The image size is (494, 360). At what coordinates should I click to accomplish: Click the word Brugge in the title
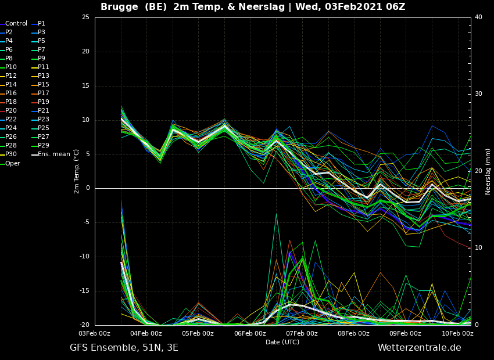pyautogui.click(x=119, y=6)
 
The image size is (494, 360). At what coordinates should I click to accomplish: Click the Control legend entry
pyautogui.click(x=13, y=24)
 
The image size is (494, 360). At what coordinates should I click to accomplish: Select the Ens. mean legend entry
pyautogui.click(x=51, y=154)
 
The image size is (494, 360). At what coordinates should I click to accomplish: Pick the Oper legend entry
pyautogui.click(x=10, y=163)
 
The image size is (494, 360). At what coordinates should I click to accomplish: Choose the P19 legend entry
pyautogui.click(x=41, y=102)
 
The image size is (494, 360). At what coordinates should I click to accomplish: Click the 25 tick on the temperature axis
pyautogui.click(x=85, y=17)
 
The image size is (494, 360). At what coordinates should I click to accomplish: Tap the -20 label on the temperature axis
pyautogui.click(x=84, y=325)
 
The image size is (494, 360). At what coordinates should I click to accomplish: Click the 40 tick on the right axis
pyautogui.click(x=478, y=17)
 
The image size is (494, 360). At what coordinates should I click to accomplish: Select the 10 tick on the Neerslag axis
pyautogui.click(x=478, y=248)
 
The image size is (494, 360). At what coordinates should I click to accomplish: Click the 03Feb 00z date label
pyautogui.click(x=95, y=333)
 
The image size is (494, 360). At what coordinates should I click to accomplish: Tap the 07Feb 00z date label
pyautogui.click(x=302, y=333)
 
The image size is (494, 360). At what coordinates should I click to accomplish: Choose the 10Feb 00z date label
pyautogui.click(x=458, y=333)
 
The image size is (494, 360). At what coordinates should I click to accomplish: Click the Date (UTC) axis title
pyautogui.click(x=282, y=342)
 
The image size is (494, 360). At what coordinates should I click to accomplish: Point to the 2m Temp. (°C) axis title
pyautogui.click(x=77, y=171)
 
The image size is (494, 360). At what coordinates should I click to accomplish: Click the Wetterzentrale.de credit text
pyautogui.click(x=420, y=348)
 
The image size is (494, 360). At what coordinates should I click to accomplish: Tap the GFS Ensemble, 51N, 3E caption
pyautogui.click(x=124, y=348)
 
